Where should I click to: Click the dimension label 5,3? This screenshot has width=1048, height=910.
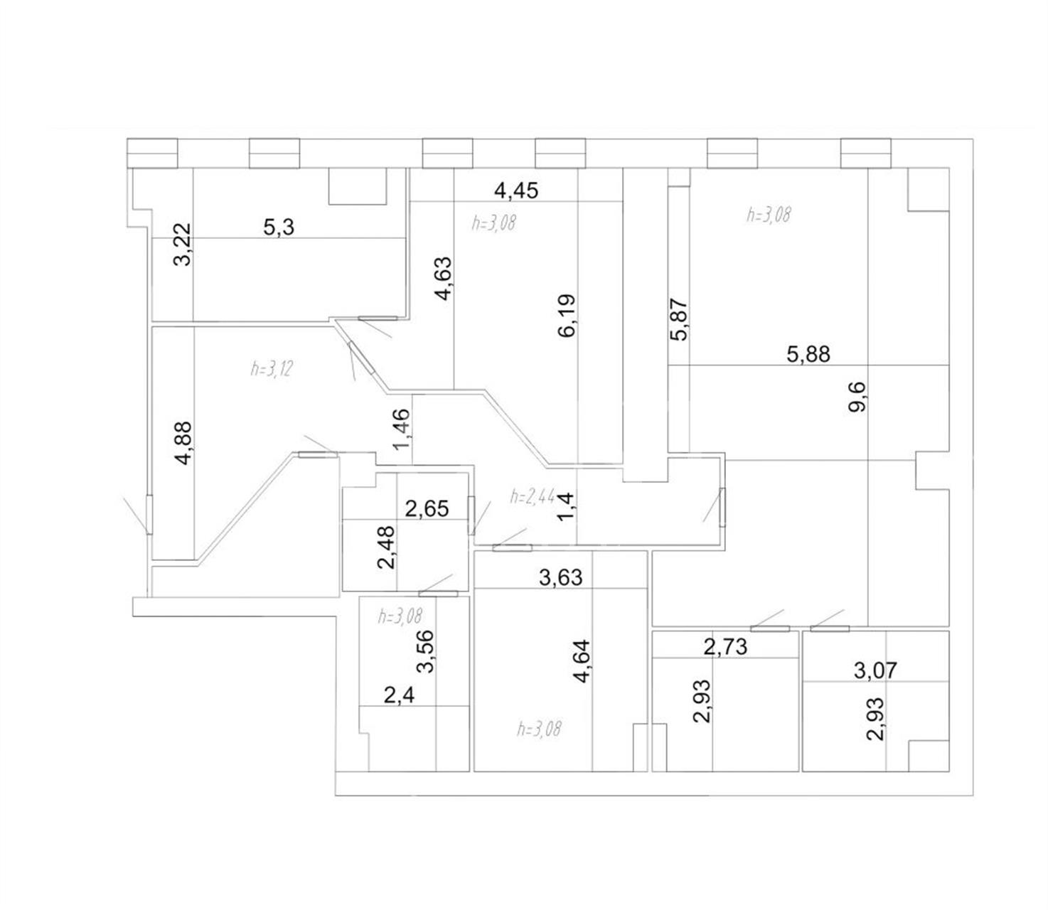(x=279, y=226)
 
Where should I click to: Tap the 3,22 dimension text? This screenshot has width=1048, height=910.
(x=182, y=245)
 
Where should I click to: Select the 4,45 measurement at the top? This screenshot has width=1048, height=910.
(x=516, y=191)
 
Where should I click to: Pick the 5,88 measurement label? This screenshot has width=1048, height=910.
(x=808, y=354)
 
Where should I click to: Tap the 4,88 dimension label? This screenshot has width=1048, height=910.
(x=183, y=442)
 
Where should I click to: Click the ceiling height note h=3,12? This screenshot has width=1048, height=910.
(x=272, y=369)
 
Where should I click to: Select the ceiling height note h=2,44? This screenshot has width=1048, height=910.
(x=533, y=496)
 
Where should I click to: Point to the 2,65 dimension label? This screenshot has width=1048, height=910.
(x=427, y=509)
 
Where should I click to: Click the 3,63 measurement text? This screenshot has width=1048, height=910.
(x=561, y=578)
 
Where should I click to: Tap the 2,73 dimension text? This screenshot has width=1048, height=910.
(x=725, y=647)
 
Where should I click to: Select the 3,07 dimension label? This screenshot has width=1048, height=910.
(x=875, y=670)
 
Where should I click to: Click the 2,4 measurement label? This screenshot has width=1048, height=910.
(x=399, y=695)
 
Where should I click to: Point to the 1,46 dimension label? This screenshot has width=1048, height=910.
(x=402, y=429)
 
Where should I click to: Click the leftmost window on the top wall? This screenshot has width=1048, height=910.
(x=152, y=153)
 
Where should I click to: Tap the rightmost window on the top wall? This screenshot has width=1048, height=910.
(x=866, y=153)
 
